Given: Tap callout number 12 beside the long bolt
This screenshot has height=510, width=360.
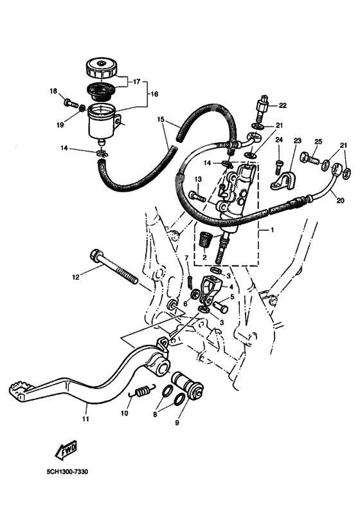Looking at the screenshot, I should tap(76, 277).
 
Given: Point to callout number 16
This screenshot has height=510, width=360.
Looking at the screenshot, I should tap(154, 94).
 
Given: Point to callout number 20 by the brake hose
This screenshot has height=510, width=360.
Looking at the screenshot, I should tap(340, 201).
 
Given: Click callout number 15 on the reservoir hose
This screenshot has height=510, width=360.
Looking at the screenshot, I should tap(161, 120).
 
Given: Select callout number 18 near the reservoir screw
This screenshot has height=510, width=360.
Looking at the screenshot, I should tap(53, 91).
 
